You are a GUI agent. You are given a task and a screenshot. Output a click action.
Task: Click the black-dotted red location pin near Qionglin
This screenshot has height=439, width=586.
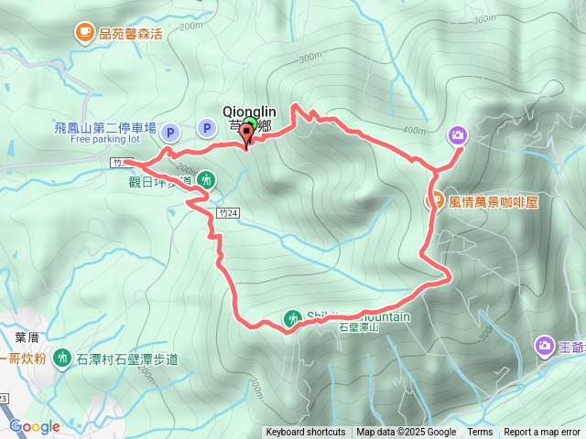click(247, 134)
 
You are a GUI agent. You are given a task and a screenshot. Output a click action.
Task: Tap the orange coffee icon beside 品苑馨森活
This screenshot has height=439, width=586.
click(84, 33)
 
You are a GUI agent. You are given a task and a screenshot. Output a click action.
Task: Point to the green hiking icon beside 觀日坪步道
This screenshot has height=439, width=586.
click(205, 180)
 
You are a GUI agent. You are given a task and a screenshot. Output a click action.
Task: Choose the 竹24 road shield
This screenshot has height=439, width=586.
click(229, 212)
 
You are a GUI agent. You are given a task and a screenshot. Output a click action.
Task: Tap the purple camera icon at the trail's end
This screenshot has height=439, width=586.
click(457, 136)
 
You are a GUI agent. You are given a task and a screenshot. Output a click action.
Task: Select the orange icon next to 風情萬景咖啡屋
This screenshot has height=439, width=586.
click(435, 199)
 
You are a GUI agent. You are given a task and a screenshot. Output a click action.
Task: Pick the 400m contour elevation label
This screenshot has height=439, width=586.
click(414, 130)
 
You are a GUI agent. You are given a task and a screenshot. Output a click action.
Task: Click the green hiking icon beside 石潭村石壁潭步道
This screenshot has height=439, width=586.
click(61, 357)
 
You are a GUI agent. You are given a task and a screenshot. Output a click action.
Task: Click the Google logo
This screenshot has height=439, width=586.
click(34, 426)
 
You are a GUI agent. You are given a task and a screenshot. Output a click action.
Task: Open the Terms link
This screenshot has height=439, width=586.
click(480, 433)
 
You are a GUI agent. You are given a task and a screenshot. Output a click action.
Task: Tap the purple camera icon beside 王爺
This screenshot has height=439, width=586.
click(545, 346)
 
